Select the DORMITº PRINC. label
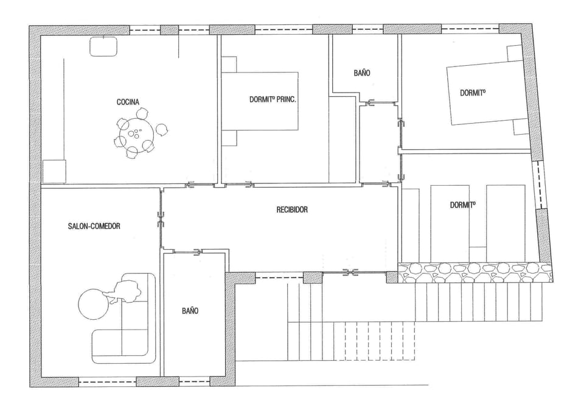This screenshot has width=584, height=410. coord(273,99)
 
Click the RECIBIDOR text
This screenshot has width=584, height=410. coord(292,210)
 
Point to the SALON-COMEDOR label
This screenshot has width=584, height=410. coord(94,226)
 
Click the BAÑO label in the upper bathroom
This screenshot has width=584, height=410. coord(362,72)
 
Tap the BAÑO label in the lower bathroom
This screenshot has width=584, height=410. coord(190,311)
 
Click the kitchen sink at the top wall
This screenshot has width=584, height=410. coord(104,46)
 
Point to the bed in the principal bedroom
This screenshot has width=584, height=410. coord(260,101)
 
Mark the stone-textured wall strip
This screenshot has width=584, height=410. coord(474,272)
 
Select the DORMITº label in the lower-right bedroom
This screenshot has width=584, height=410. coord(462,205)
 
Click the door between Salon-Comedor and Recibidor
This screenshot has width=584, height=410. coord(161,219)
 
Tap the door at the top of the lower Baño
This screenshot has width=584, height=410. coord(196,252)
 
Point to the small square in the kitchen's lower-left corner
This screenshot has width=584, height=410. coord(54,171)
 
